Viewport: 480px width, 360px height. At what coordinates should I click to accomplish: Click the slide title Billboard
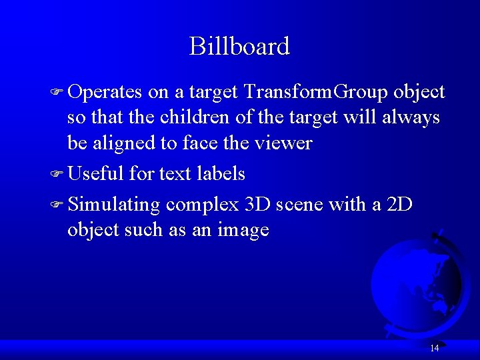239,47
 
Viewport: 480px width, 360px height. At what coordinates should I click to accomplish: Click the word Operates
105,91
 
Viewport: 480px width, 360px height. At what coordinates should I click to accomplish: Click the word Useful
95,174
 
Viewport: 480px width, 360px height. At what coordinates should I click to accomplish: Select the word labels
221,174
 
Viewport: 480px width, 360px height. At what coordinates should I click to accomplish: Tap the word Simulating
114,205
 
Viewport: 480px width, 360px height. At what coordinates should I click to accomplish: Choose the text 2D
400,204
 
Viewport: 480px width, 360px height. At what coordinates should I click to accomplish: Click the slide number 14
434,348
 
